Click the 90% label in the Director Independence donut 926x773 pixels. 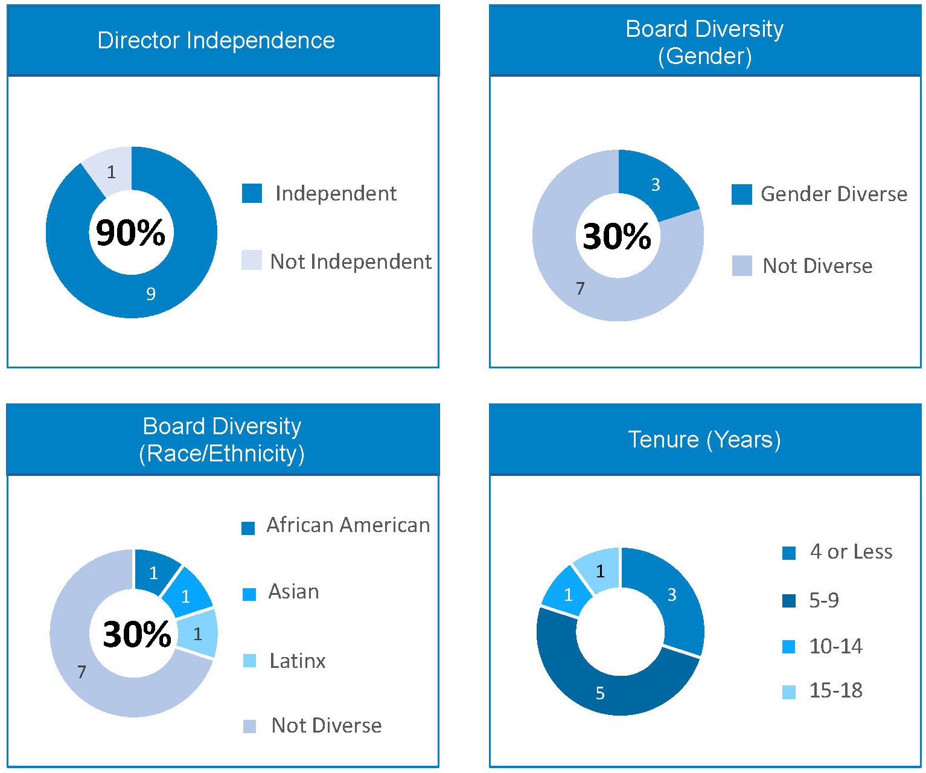pyautogui.click(x=130, y=233)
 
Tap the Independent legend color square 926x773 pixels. pyautogui.click(x=252, y=193)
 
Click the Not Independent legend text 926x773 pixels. pyautogui.click(x=350, y=261)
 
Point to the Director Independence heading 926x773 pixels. pyautogui.click(x=216, y=40)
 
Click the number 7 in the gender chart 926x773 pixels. pyautogui.click(x=580, y=289)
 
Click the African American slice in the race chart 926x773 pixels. pyautogui.click(x=154, y=573)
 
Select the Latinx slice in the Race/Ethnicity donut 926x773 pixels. pyautogui.click(x=197, y=634)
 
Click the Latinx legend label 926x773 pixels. pyautogui.click(x=297, y=661)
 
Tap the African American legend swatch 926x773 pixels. pyautogui.click(x=248, y=528)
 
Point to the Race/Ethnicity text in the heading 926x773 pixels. pyautogui.click(x=222, y=454)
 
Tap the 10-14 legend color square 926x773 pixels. pyautogui.click(x=788, y=647)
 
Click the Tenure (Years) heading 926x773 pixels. pyautogui.click(x=704, y=439)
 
